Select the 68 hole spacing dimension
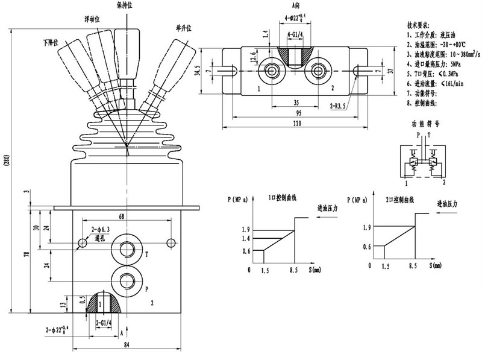tap(121, 216)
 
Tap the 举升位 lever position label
tap(183, 28)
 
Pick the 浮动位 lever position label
tap(92, 19)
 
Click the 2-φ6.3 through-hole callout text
tap(99, 230)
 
